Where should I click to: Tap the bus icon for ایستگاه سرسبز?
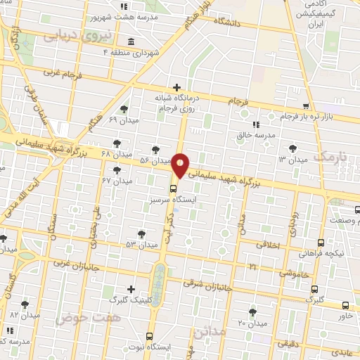[x=173, y=188]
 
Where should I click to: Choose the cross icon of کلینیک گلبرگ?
[x=131, y=288]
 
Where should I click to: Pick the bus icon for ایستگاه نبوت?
[x=148, y=335]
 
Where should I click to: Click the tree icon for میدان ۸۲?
[x=25, y=304]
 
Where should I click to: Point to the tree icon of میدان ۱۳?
[x=292, y=148]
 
